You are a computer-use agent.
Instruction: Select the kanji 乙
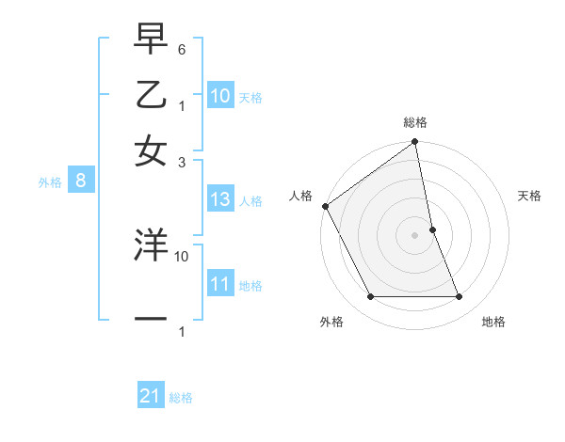coord(151,95)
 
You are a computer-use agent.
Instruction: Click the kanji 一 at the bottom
coord(151,320)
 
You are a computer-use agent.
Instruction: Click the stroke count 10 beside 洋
coord(182,255)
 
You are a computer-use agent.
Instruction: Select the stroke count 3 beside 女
coord(183,161)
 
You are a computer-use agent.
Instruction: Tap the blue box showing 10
coord(220,96)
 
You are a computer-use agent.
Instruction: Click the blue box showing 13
coord(220,199)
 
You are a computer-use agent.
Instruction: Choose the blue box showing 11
coord(220,284)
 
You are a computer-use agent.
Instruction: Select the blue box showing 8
coord(81,182)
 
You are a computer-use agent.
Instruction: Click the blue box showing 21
coord(151,396)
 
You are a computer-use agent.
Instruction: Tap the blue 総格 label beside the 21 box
coord(181,398)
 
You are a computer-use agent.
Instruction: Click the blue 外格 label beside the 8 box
coord(49,183)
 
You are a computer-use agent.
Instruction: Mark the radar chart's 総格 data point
coord(414,143)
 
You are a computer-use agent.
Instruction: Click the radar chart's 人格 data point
coord(325,206)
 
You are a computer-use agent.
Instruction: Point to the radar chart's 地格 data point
coord(460,297)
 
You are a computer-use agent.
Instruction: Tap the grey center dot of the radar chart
coord(414,235)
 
